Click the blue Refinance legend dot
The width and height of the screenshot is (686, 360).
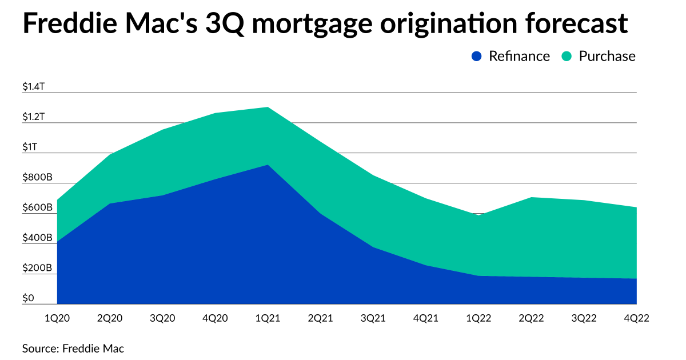(x=477, y=56)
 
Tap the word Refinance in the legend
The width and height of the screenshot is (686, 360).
(x=519, y=56)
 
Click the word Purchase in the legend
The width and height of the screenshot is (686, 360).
(x=607, y=56)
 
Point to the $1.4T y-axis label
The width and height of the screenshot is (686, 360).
(x=34, y=86)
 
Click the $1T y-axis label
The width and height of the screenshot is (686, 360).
(x=30, y=147)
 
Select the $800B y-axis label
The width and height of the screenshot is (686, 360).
(x=37, y=177)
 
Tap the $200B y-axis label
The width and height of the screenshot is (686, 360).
(x=37, y=268)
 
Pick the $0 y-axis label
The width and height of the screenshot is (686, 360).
(x=29, y=298)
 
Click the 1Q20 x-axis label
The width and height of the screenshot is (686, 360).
(x=57, y=318)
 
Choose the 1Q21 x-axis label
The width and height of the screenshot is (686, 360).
(x=268, y=318)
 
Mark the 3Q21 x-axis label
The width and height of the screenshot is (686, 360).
(x=373, y=318)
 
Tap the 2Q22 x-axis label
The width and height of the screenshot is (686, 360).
(x=531, y=318)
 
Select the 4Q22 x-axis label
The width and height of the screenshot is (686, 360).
(x=636, y=318)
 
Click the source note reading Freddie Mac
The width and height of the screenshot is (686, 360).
(x=93, y=348)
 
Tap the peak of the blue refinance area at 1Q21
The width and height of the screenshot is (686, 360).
(x=268, y=165)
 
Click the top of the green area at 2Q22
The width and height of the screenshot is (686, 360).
(x=531, y=198)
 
